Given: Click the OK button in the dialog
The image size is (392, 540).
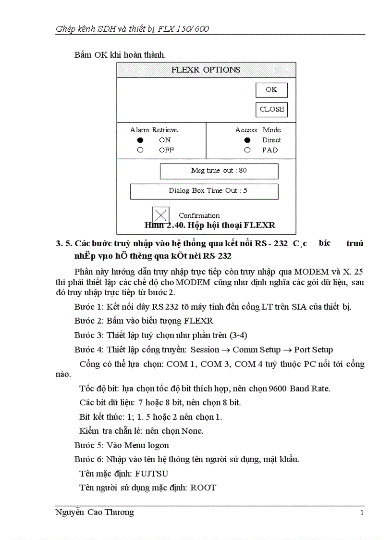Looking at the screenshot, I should click(271, 90).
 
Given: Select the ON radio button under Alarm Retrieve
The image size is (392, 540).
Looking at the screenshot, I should click(140, 140).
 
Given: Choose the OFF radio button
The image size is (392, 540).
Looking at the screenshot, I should click(140, 150).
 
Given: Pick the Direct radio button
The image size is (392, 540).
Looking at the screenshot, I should click(247, 140).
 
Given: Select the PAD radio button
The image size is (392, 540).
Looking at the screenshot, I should click(247, 150).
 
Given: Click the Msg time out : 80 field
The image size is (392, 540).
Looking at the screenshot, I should click(219, 171).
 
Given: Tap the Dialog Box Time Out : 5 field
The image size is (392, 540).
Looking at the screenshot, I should click(204, 191).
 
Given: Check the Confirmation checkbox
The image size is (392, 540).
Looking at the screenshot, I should click(160, 215).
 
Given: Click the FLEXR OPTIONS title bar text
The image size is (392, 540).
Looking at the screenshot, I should click(206, 70).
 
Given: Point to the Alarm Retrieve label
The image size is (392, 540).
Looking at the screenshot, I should click(154, 130).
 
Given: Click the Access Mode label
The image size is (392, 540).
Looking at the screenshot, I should click(258, 130).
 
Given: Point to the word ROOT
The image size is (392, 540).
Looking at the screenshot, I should click(203, 488).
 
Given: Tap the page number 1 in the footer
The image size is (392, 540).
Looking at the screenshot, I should click(362, 513).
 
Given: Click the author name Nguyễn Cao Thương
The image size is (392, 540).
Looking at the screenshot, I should click(95, 513).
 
